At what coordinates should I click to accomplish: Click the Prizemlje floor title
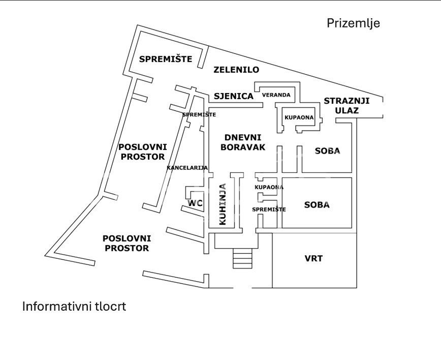click(353, 23)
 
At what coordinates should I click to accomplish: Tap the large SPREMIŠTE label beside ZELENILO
click(166, 59)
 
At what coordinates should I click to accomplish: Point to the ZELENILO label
click(236, 70)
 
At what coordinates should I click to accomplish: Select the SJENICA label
click(233, 96)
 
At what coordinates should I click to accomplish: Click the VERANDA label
click(276, 95)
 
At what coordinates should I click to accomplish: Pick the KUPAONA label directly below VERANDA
click(299, 117)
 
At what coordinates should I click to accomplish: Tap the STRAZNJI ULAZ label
click(346, 105)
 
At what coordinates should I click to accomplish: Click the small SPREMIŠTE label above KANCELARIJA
click(199, 114)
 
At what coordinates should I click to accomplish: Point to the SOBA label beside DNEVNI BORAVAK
click(327, 151)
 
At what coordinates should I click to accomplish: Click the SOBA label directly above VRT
click(317, 205)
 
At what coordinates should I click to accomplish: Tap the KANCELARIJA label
click(187, 168)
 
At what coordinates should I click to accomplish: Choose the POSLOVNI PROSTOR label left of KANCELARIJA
click(142, 152)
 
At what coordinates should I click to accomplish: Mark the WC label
click(195, 203)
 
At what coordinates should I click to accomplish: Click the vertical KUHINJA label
click(223, 204)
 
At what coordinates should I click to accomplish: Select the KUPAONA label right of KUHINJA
click(269, 187)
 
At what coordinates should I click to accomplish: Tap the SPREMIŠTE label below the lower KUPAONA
click(269, 209)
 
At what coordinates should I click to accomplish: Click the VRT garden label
click(313, 258)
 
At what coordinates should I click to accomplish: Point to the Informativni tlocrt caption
click(74, 307)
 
